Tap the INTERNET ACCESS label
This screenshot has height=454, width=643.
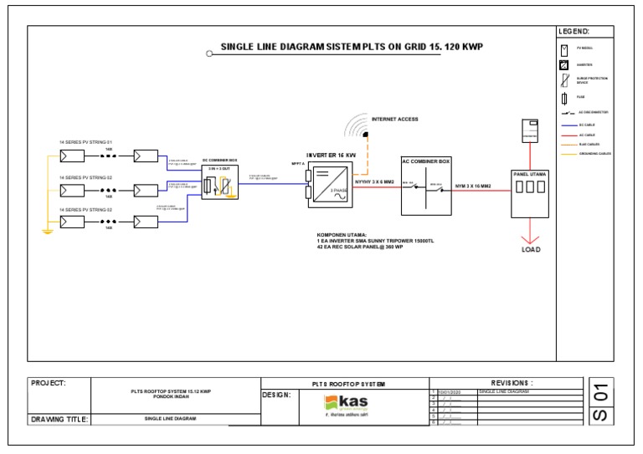(394, 120)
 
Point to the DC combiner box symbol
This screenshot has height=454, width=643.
(221, 185)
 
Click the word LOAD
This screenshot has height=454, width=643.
(531, 249)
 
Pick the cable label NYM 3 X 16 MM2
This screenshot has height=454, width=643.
(472, 185)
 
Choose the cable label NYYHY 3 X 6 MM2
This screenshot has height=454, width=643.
(375, 180)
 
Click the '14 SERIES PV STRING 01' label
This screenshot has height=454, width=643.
(85, 143)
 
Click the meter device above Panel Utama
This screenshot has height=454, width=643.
(528, 130)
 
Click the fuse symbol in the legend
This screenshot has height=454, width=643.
(564, 97)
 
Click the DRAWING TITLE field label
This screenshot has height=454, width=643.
(60, 420)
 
